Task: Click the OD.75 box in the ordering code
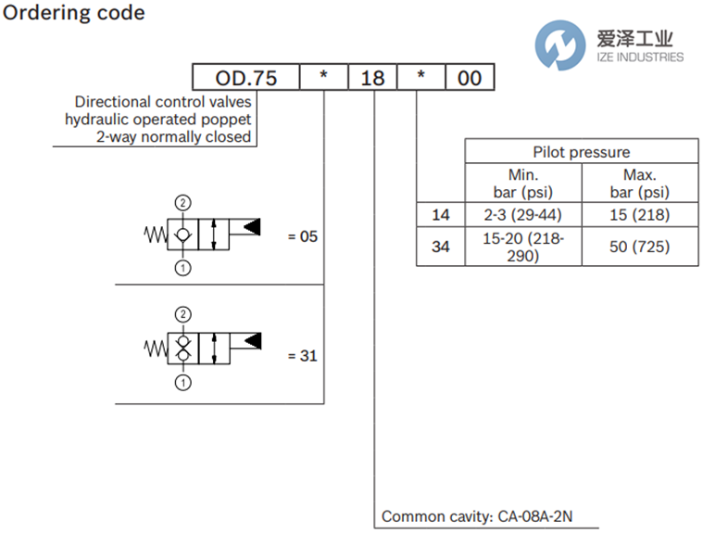point(245,78)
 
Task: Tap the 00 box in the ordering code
point(470,78)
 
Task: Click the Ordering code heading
point(75,13)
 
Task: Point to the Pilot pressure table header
point(581,152)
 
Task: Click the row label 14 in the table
point(441,216)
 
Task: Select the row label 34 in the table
point(441,247)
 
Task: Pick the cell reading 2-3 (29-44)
point(523,216)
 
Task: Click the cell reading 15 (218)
point(639,216)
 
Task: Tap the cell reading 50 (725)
point(639,247)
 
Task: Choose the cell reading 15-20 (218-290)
point(523,247)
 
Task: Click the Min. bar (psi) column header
point(523,184)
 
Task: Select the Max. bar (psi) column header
point(639,184)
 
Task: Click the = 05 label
point(303,236)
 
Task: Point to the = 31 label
point(303,355)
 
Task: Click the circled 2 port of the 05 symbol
point(183,202)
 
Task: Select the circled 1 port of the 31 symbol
point(183,382)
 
